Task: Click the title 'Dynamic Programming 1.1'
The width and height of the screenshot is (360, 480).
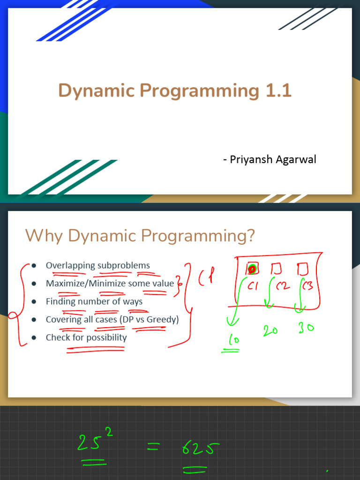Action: [x=175, y=91]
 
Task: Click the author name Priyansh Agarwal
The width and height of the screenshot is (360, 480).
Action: [x=270, y=159]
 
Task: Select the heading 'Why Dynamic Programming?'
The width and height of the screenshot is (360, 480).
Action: [x=140, y=235]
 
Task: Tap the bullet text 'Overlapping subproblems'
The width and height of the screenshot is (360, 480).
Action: [x=97, y=265]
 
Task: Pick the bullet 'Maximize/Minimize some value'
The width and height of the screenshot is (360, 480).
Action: [x=110, y=283]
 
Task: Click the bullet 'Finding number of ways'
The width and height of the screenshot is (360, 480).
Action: [x=94, y=301]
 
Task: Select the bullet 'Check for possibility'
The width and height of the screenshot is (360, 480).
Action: [x=86, y=337]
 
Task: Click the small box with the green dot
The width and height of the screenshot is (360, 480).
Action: [x=252, y=269]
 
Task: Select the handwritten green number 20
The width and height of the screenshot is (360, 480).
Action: [x=270, y=330]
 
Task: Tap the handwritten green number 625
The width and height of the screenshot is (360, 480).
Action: [x=198, y=450]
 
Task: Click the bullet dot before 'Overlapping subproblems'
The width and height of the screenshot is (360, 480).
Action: [x=34, y=266]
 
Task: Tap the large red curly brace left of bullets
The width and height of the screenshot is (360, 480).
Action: [x=19, y=305]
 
